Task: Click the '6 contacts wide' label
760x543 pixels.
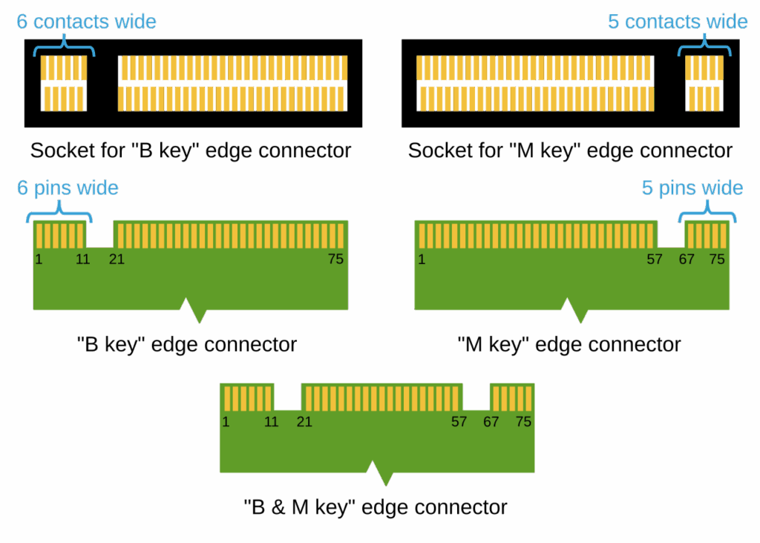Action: click(x=86, y=22)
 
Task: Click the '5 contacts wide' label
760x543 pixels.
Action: click(x=678, y=22)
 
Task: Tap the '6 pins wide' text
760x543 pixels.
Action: click(x=68, y=188)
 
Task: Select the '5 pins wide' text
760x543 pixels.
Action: click(x=692, y=188)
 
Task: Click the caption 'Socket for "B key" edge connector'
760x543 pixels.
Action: click(x=191, y=151)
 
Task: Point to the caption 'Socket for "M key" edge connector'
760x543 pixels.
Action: click(x=570, y=151)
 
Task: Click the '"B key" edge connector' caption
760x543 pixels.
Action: click(x=187, y=345)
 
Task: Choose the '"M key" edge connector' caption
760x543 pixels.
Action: click(x=569, y=345)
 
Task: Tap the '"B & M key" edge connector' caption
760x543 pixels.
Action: click(x=376, y=508)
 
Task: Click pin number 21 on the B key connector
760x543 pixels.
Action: click(x=117, y=259)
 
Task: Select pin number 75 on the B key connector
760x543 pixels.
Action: click(x=336, y=259)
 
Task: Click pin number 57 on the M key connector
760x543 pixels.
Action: click(x=654, y=259)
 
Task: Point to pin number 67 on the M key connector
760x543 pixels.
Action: click(x=687, y=259)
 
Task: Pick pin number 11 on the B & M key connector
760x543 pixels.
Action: click(x=272, y=421)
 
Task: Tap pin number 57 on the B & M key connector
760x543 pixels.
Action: click(x=459, y=421)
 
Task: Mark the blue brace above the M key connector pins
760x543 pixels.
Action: click(x=708, y=214)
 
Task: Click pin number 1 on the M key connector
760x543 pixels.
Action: click(x=422, y=259)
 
